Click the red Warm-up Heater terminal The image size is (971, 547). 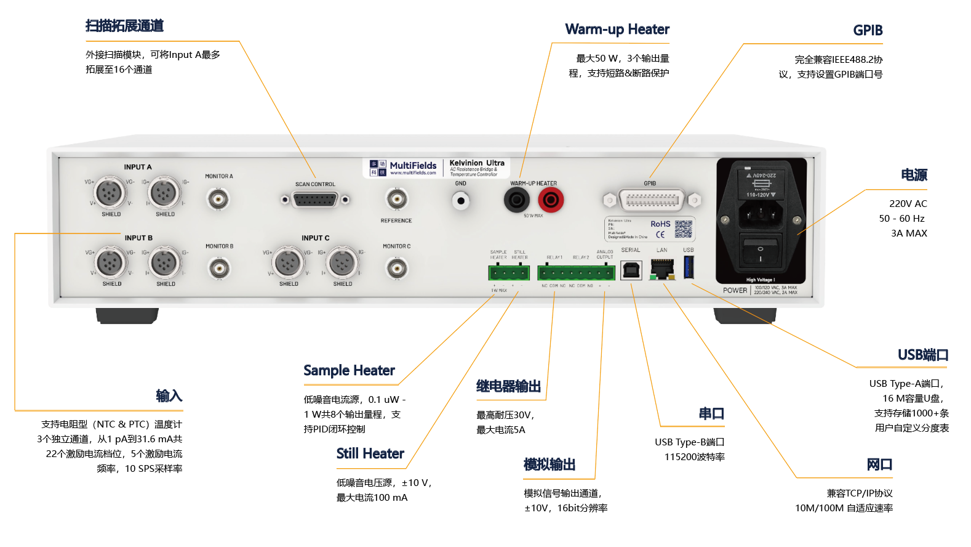click(x=551, y=200)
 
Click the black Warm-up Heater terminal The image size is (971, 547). click(x=516, y=200)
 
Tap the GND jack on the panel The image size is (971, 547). click(x=461, y=200)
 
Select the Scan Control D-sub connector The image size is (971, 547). click(x=315, y=200)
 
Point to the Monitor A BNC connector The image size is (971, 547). click(x=218, y=199)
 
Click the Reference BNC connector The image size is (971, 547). click(x=396, y=199)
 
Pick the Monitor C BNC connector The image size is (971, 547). click(x=396, y=269)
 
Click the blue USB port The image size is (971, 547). click(x=689, y=268)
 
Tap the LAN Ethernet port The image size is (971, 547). click(x=662, y=269)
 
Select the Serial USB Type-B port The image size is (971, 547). click(x=631, y=269)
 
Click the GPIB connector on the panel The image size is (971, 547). click(x=652, y=200)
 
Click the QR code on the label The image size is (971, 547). click(x=683, y=229)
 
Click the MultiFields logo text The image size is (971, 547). click(x=413, y=166)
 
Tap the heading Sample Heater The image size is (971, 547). click(x=349, y=370)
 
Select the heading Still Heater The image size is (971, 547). click(x=370, y=454)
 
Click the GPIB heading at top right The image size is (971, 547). click(x=868, y=30)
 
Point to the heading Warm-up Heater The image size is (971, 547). click(x=617, y=30)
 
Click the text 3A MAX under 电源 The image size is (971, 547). click(x=909, y=233)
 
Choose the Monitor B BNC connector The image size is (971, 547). click(x=219, y=269)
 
